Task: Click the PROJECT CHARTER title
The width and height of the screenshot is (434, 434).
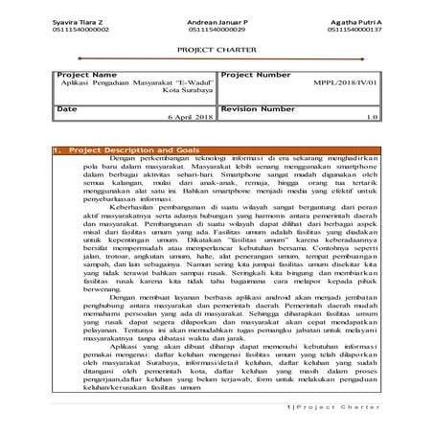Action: click(x=217, y=55)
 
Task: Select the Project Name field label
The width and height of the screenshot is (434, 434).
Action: click(x=87, y=74)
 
